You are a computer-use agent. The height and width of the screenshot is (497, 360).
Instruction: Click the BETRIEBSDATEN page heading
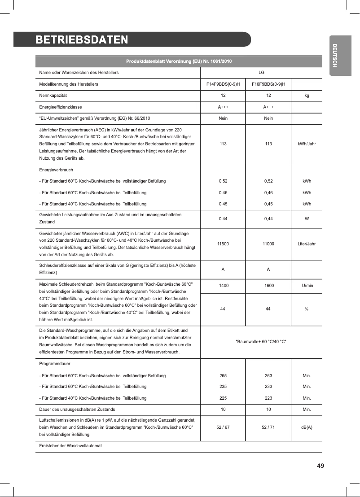click(82, 39)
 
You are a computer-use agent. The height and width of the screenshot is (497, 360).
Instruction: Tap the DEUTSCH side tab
click(334, 56)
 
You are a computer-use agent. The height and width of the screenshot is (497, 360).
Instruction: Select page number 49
click(320, 466)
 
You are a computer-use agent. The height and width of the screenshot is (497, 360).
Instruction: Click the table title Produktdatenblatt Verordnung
click(179, 61)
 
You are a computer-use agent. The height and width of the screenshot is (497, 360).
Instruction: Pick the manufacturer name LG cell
click(261, 72)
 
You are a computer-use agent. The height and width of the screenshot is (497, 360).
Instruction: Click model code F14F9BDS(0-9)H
click(223, 84)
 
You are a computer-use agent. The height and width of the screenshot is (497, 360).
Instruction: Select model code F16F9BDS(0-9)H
click(269, 84)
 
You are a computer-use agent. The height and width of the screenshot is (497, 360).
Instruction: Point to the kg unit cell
click(307, 96)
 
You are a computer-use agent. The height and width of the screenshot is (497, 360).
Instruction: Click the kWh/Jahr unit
click(307, 144)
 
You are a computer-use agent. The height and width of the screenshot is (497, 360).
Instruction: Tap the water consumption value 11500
click(223, 244)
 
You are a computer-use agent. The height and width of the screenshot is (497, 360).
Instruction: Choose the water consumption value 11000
click(269, 244)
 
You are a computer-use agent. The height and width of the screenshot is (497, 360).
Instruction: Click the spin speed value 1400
click(223, 285)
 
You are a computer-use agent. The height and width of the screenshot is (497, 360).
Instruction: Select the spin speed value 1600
click(269, 285)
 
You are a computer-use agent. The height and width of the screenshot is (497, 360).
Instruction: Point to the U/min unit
click(307, 285)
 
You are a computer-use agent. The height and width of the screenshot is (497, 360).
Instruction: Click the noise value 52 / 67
click(223, 427)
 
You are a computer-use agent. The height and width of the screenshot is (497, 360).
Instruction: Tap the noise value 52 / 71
click(269, 427)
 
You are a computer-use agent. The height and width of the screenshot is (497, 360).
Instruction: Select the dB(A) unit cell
click(307, 427)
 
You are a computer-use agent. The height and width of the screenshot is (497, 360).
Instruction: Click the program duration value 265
click(223, 375)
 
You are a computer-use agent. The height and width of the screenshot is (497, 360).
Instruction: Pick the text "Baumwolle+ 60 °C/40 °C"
click(261, 342)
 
